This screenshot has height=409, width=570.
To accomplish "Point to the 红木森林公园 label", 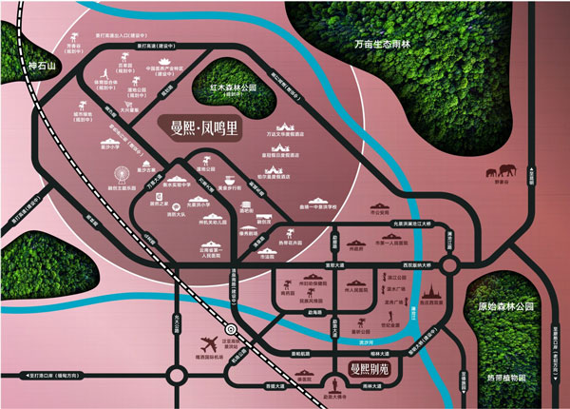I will tap(234, 87).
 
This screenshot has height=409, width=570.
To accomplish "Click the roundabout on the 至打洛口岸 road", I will tap(177, 372).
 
